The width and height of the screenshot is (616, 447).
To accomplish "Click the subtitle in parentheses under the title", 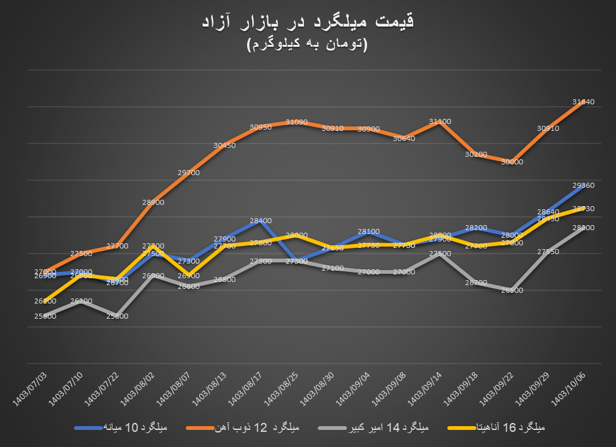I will coord(307,45).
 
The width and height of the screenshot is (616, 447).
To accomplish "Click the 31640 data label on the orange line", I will coord(583,101).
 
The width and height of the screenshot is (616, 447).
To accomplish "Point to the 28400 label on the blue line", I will coord(260,221).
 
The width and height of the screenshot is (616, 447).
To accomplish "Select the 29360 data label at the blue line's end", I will coord(583,185).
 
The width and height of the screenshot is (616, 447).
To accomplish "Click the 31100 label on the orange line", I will coord(440,121).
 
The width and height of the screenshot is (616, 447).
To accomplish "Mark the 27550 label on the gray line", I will coord(548,252).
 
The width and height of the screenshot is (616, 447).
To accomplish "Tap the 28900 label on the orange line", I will coord(154,202).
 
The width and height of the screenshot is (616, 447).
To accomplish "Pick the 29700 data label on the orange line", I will coord(189,173).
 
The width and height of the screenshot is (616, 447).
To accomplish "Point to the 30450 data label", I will coord(225,145).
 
